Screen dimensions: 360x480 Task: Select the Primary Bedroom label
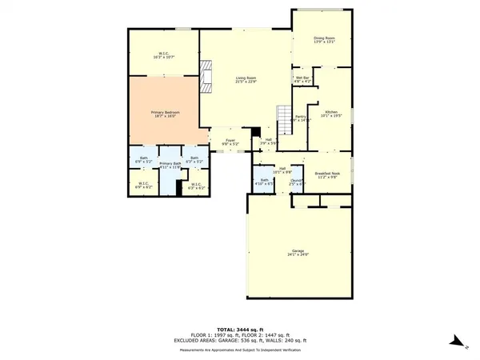pyautogui.click(x=166, y=114)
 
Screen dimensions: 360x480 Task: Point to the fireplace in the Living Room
pyautogui.click(x=206, y=74)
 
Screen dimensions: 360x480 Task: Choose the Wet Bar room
pyautogui.click(x=302, y=78)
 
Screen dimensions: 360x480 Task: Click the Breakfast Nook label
pyautogui.click(x=328, y=175)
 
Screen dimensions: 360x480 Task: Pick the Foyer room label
pyautogui.click(x=230, y=142)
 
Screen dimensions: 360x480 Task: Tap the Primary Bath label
pyautogui.click(x=171, y=164)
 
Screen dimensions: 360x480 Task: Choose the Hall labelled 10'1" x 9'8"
pyautogui.click(x=282, y=170)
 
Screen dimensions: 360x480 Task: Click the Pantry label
pyautogui.click(x=301, y=118)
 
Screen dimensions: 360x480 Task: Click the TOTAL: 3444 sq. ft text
pyautogui.click(x=240, y=319)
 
